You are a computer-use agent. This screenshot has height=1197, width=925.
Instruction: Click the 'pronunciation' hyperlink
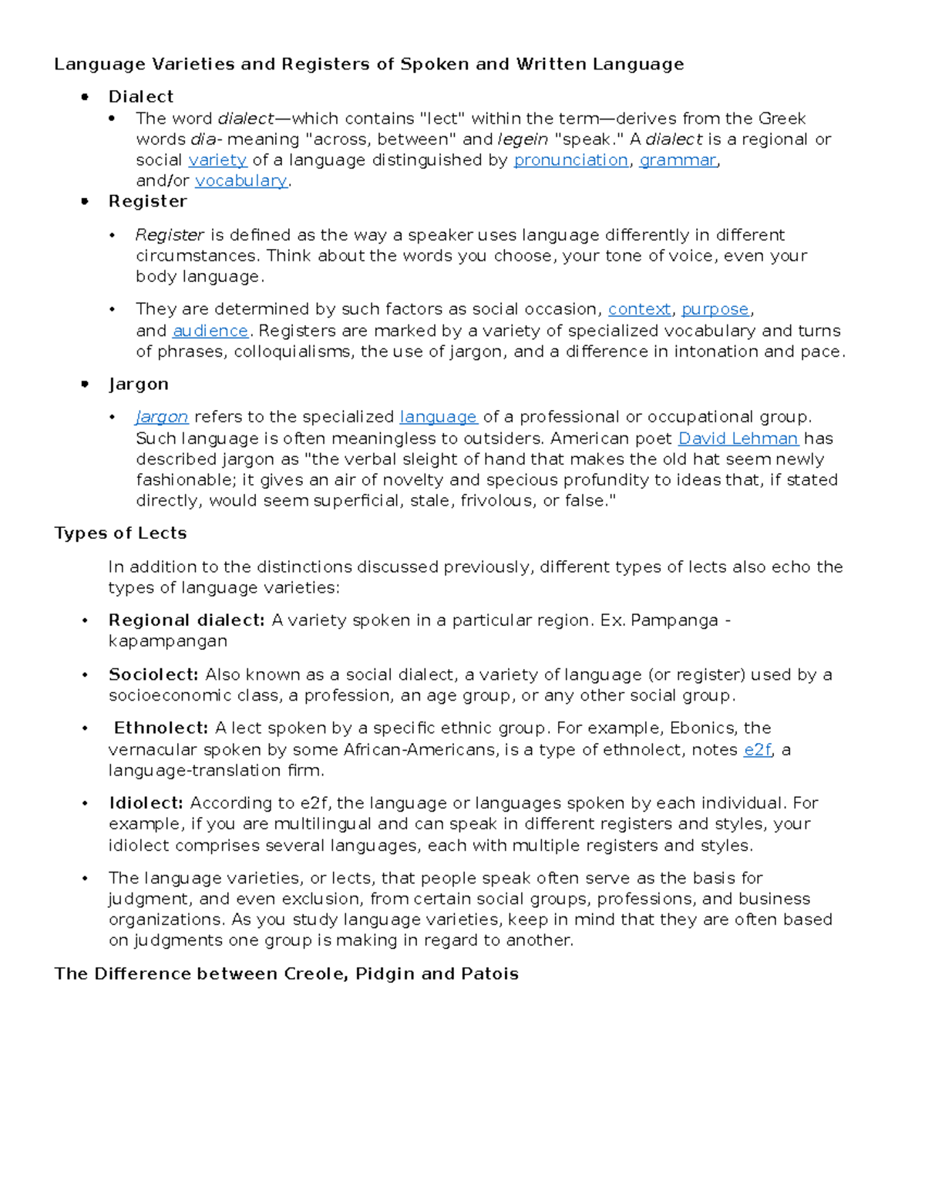[570, 160]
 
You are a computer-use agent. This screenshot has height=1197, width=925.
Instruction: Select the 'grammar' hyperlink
[678, 160]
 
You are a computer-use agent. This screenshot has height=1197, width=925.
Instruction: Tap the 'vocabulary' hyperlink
[240, 181]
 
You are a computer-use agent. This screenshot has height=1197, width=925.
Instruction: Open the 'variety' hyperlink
[217, 160]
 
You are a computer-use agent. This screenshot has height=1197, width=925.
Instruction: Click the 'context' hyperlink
[639, 309]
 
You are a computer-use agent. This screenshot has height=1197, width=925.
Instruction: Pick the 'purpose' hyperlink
[715, 309]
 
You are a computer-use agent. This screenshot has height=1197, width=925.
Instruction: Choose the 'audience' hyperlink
[210, 331]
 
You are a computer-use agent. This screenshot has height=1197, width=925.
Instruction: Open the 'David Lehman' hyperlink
[738, 439]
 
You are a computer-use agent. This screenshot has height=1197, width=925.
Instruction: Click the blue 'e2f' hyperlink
[757, 750]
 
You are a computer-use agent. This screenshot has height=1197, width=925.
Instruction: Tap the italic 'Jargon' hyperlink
[162, 417]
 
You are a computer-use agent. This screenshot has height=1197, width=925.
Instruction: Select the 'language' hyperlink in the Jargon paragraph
[438, 417]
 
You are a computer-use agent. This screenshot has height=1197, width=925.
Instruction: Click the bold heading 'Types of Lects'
[120, 533]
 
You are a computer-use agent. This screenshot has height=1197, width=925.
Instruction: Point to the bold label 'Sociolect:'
[153, 675]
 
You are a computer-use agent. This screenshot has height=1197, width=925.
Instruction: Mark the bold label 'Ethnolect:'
[161, 728]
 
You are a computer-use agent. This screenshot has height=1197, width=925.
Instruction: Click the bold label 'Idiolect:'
[146, 803]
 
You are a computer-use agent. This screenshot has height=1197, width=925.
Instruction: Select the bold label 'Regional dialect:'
[187, 620]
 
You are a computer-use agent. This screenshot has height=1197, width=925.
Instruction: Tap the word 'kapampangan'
[167, 641]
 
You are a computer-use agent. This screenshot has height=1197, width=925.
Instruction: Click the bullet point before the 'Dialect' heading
[85, 97]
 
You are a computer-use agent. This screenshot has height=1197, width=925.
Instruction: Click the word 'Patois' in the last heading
[489, 974]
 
